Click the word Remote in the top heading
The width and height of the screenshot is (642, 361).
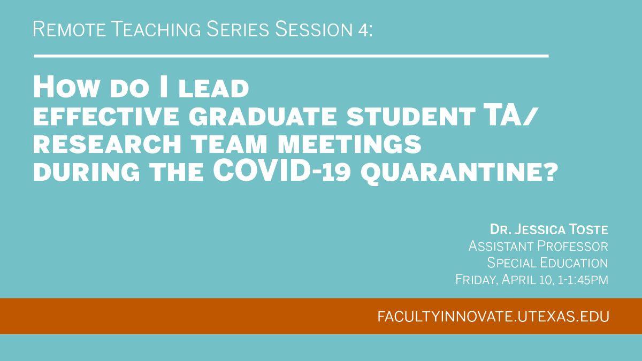[70, 29]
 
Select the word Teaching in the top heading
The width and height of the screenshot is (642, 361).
[156, 29]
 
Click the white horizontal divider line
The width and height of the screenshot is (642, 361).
[291, 56]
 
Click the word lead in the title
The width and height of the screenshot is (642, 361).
[213, 89]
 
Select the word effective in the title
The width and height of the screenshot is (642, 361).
[106, 117]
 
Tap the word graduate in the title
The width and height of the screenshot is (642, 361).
[263, 117]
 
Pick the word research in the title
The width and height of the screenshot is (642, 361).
[107, 144]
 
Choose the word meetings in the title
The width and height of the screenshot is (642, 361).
[349, 144]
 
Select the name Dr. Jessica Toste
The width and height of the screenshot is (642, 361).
[549, 229]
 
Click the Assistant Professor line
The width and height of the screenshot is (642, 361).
[538, 246]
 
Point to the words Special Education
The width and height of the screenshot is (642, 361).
[547, 263]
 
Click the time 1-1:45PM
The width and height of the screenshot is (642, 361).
[583, 279]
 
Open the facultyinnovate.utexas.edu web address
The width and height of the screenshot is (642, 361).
[493, 317]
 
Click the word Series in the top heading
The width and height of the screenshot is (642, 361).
[238, 29]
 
